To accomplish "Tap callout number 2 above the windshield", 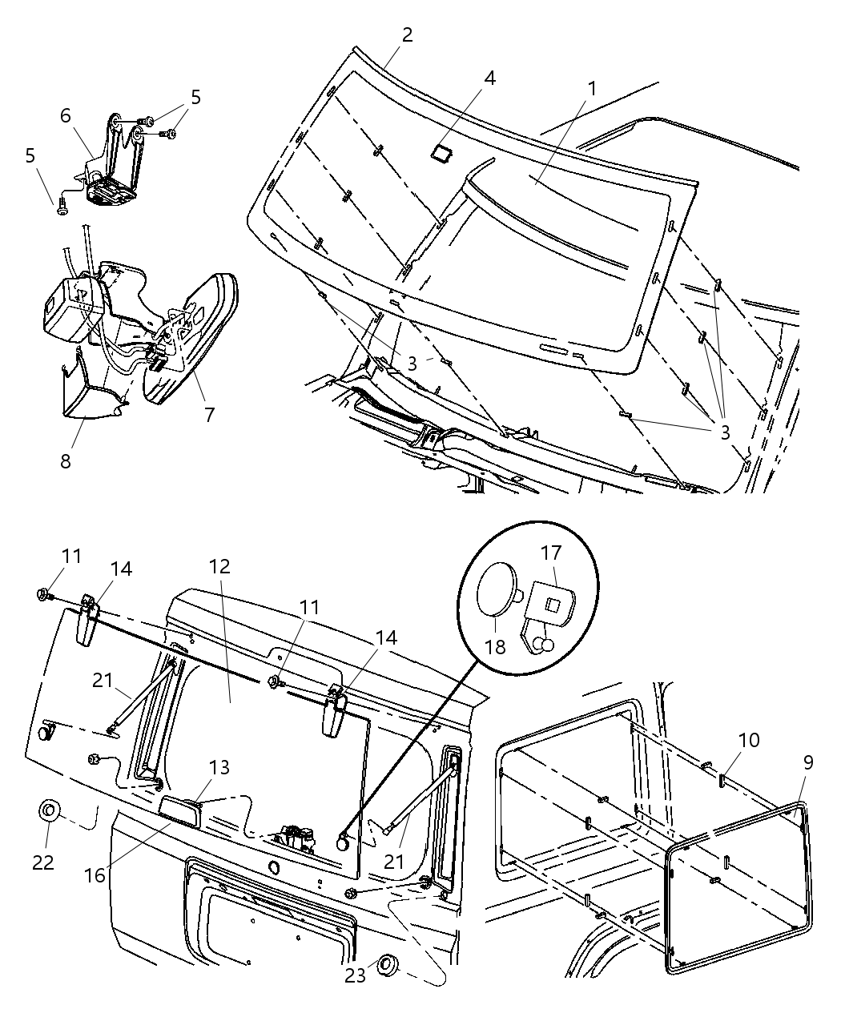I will point(407,34).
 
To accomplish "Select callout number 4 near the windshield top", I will point(489,78).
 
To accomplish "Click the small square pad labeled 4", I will point(441,153).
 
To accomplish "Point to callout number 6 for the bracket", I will point(66,115).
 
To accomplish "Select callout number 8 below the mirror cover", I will point(65,461).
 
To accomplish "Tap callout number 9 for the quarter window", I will point(807,762).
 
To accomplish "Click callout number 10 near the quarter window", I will point(749,739).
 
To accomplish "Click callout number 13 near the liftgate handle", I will point(219,767).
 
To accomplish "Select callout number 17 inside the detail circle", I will point(552,553).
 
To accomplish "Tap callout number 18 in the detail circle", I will point(496,645).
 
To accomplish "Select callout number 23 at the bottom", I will point(355,975).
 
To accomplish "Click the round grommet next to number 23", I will point(389,966).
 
